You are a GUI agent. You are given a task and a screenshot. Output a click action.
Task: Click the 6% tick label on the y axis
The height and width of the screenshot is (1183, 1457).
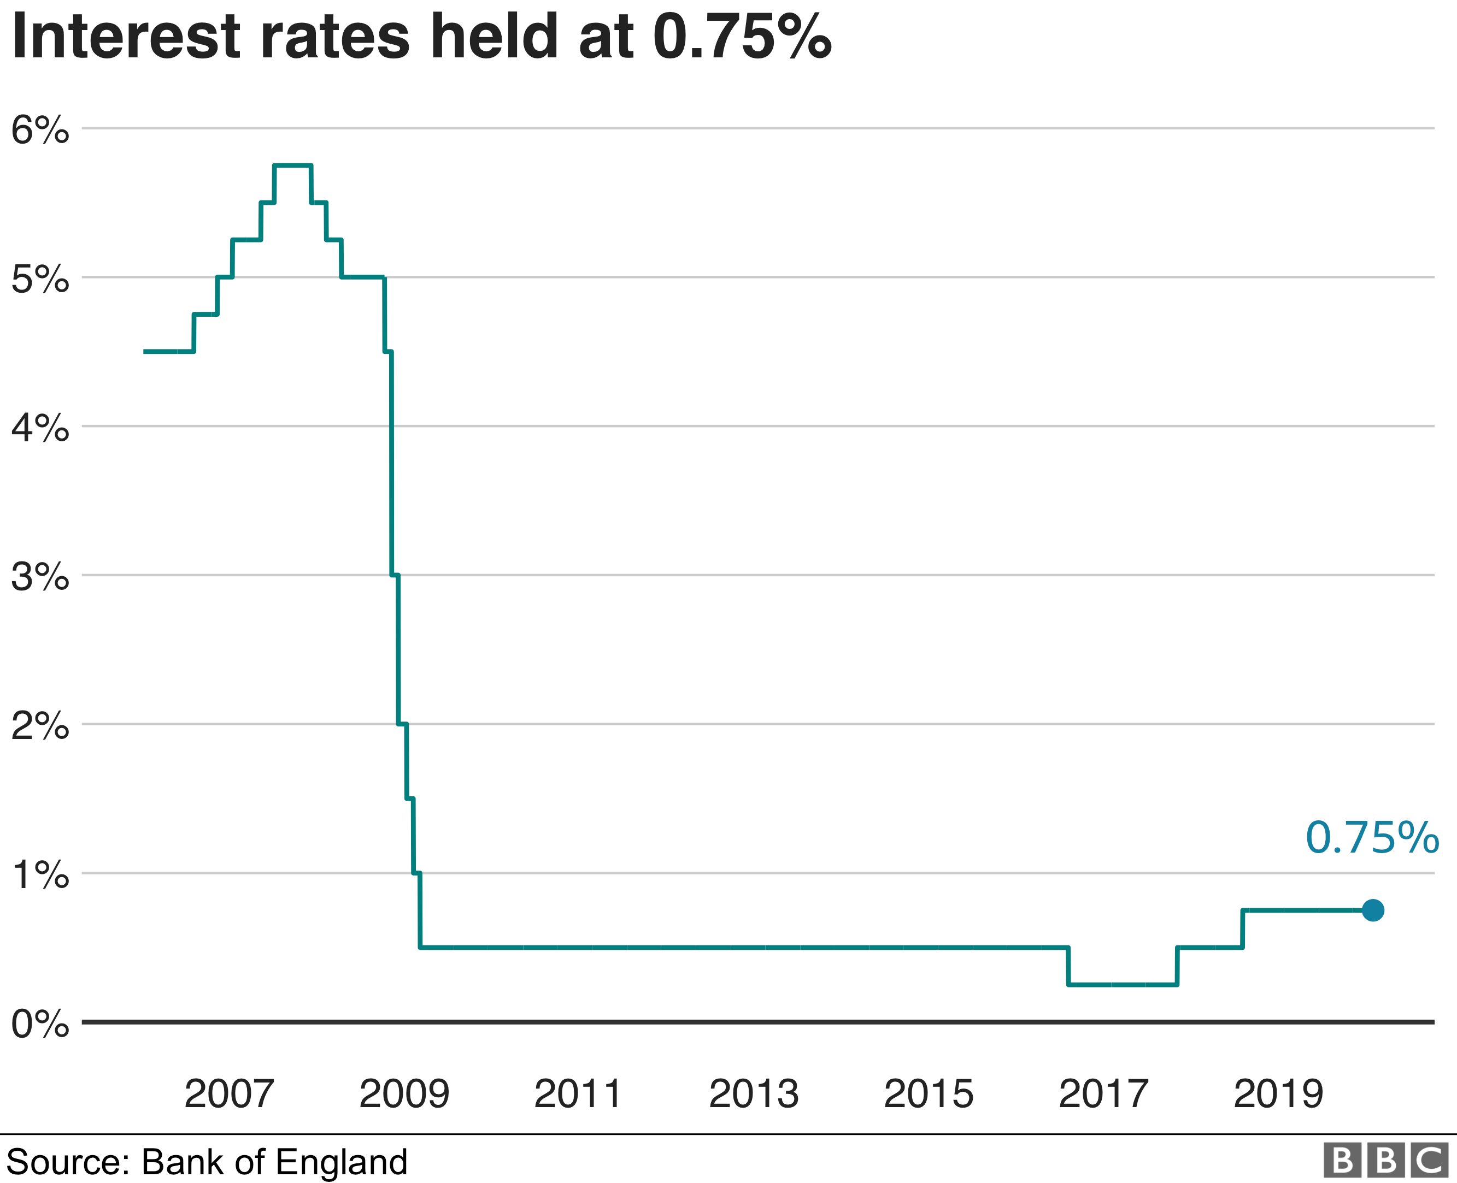pos(39,129)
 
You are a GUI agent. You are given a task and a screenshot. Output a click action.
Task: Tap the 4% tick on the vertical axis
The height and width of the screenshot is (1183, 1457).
pos(39,428)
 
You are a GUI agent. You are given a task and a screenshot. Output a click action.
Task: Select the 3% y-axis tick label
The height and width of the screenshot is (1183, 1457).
pos(39,577)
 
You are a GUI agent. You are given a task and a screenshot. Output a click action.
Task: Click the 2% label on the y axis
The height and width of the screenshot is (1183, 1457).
pos(39,726)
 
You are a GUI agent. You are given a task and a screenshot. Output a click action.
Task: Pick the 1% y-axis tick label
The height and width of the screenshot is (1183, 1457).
pos(39,874)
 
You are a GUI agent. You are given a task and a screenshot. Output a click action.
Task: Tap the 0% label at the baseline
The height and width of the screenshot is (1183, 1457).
pos(39,1024)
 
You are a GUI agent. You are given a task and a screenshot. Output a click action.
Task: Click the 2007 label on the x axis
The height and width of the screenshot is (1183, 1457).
pos(229,1095)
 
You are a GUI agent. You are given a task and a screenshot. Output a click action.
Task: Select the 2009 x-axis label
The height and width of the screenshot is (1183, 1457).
pos(404,1095)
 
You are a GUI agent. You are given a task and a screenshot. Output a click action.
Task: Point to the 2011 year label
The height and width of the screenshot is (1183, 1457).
pos(578,1095)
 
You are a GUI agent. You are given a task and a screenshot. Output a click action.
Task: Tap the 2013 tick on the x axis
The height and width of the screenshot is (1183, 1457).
pos(754,1095)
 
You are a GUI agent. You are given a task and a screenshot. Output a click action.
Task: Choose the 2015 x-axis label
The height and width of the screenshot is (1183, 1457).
pos(929,1095)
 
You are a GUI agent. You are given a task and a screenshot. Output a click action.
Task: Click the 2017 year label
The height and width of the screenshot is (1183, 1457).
pos(1103,1095)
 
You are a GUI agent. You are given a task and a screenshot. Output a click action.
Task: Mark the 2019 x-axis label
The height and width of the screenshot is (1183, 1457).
pos(1278,1095)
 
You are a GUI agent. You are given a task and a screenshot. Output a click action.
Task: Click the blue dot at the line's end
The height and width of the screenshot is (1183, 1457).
pos(1372,910)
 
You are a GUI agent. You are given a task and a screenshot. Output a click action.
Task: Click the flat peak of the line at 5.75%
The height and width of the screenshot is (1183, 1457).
pos(292,165)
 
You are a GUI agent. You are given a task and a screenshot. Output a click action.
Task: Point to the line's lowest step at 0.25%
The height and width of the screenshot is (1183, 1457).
pos(1122,984)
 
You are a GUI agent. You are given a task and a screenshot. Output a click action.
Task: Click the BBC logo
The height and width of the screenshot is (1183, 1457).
pos(1385,1160)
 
